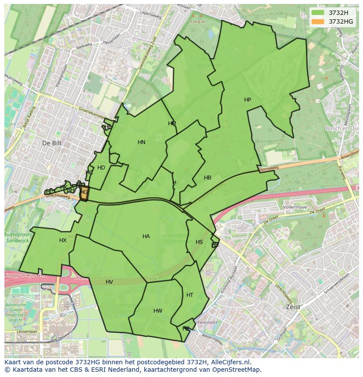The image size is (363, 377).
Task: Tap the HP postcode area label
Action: click(248, 100)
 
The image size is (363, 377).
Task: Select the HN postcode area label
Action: click(141, 142)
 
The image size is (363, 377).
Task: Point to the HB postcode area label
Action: click(207, 178)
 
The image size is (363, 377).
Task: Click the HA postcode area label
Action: click(146, 236)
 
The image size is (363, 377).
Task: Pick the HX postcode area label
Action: click(63, 240)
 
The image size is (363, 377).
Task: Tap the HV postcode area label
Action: click(109, 282)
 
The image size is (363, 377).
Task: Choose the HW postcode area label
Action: click(158, 311)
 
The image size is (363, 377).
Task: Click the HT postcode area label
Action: click(189, 295)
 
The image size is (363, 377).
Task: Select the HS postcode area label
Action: click(199, 242)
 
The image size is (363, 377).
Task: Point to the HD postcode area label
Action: click(101, 168)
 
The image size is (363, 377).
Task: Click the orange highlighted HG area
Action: click(84, 193)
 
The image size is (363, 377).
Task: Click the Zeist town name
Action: click(293, 307)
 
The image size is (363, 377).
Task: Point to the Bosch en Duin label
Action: click(342, 128)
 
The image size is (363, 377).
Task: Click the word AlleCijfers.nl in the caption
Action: click(229, 362)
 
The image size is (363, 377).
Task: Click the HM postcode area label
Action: click(172, 123)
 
